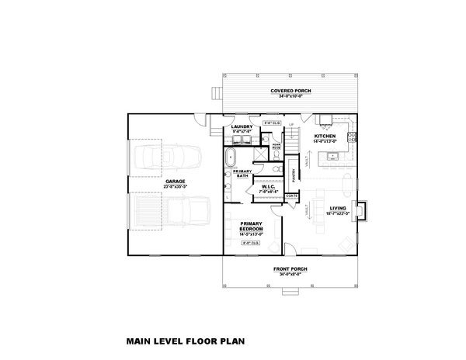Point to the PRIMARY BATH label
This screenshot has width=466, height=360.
(243, 174)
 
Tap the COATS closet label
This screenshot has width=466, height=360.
(292, 196)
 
